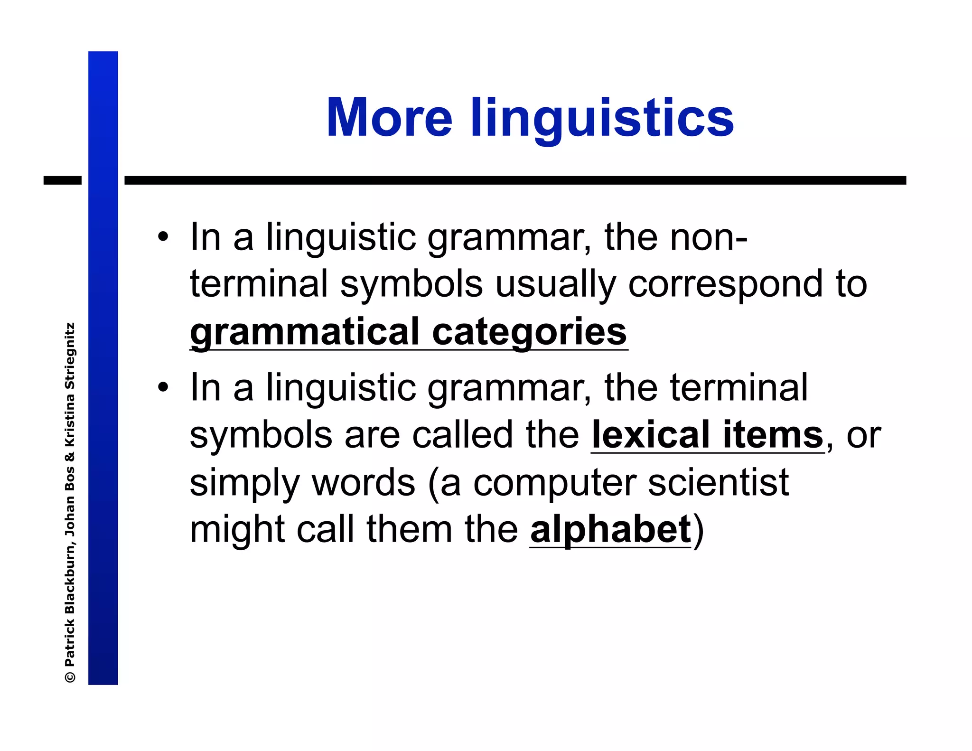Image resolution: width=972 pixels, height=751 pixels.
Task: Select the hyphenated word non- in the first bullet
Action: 708,237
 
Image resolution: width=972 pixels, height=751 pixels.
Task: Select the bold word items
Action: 773,435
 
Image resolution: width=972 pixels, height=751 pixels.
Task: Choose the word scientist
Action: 718,483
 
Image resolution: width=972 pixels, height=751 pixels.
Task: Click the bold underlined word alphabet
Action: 610,530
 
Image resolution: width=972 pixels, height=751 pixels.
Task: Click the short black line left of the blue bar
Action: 63,180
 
